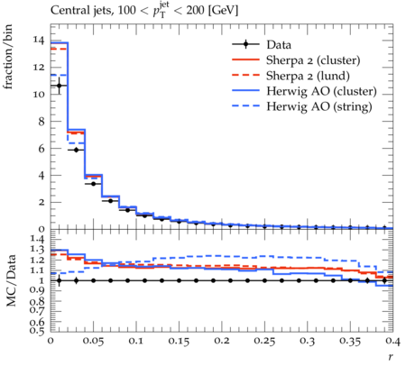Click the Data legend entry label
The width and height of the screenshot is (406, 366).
[x=279, y=45]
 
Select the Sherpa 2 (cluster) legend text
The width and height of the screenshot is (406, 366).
[x=313, y=60]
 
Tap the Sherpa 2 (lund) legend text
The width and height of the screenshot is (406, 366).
[x=308, y=76]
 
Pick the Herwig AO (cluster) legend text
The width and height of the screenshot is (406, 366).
[x=321, y=91]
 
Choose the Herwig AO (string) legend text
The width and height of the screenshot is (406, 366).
[x=319, y=106]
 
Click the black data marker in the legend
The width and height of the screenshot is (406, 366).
[x=245, y=44]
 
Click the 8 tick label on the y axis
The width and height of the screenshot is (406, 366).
[x=42, y=122]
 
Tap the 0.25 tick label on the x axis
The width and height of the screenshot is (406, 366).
[x=264, y=341]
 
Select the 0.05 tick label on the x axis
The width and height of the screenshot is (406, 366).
[x=93, y=341]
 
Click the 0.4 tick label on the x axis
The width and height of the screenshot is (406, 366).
[x=392, y=341]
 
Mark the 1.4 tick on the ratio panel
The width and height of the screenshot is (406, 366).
[x=37, y=240]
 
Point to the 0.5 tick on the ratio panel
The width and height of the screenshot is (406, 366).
[x=37, y=331]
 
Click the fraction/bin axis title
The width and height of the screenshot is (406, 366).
[x=8, y=57]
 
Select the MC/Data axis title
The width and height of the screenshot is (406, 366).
[x=11, y=280]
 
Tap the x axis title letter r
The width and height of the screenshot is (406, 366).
[x=391, y=357]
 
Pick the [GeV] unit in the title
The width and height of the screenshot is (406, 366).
[x=223, y=11]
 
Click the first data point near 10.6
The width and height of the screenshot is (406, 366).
[x=59, y=86]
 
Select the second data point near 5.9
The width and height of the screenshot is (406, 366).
[x=76, y=150]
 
